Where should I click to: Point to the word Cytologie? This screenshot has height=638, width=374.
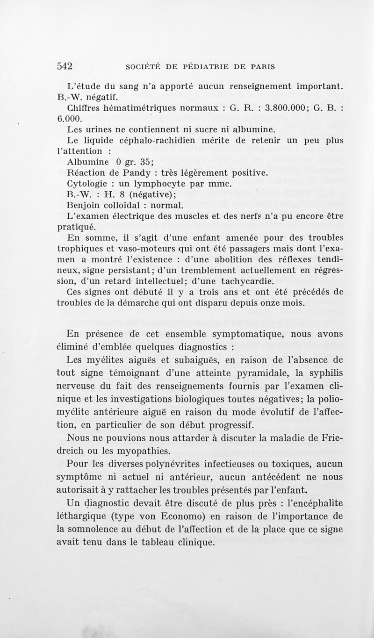tap(90, 184)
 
